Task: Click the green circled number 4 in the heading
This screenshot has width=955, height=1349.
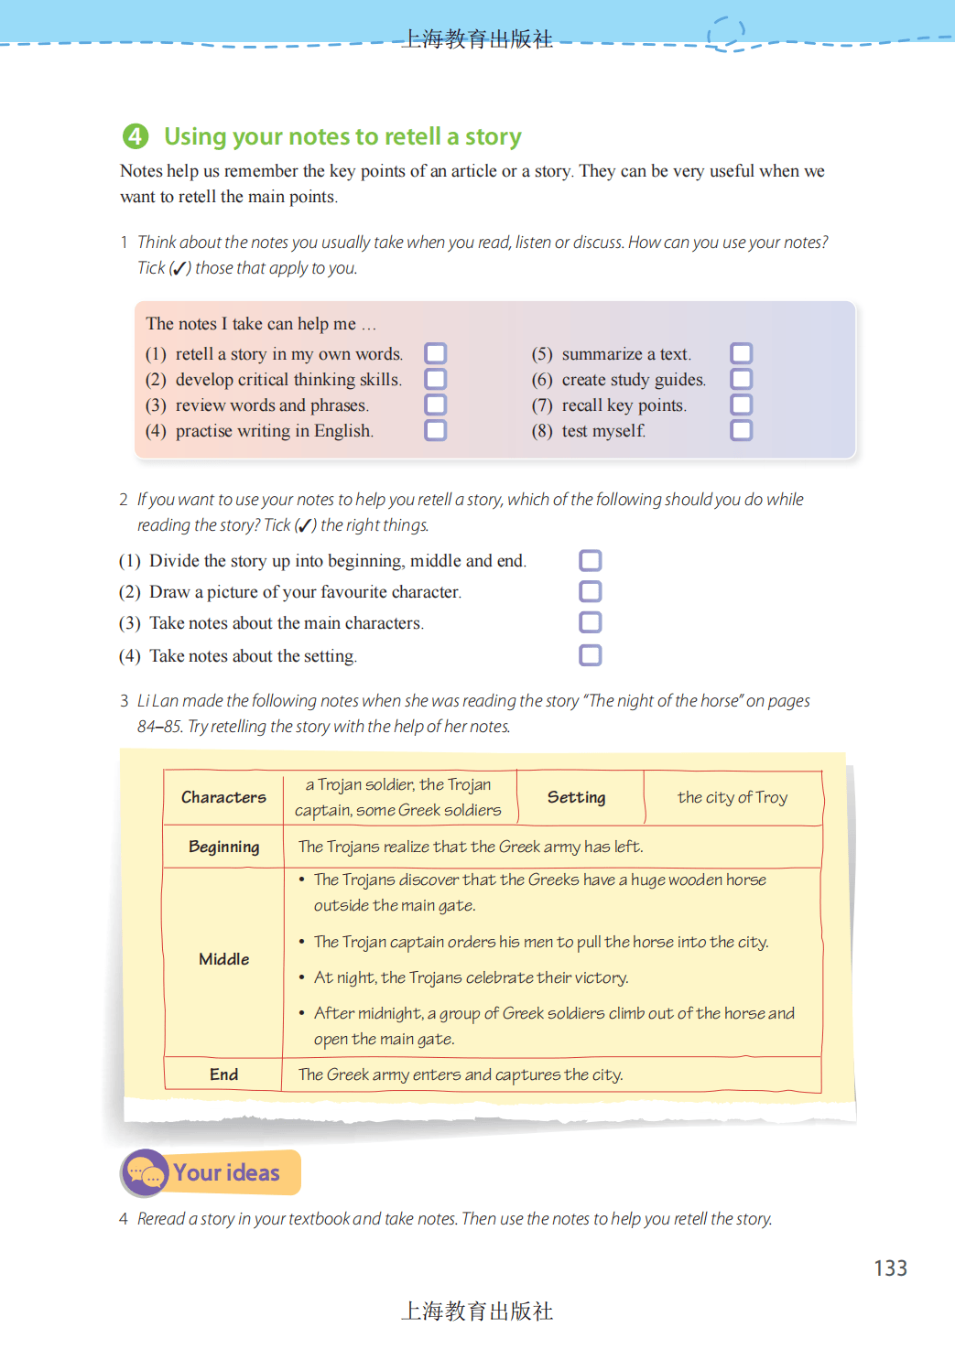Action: pyautogui.click(x=136, y=136)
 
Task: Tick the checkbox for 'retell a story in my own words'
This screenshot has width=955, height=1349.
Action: pyautogui.click(x=436, y=353)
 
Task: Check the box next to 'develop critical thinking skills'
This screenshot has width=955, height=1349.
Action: pyautogui.click(x=436, y=379)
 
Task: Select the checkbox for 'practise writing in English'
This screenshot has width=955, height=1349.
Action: pyautogui.click(x=436, y=430)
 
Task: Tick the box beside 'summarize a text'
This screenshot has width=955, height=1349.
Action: pyautogui.click(x=742, y=353)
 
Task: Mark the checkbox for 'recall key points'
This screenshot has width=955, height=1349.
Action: pyautogui.click(x=742, y=405)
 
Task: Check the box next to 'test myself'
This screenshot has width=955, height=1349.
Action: pyautogui.click(x=742, y=430)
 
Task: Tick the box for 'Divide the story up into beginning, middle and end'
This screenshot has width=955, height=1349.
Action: pyautogui.click(x=591, y=560)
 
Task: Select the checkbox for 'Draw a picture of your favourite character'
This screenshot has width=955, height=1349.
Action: pyautogui.click(x=591, y=591)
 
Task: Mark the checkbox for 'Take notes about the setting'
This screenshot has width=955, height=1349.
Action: pyautogui.click(x=591, y=655)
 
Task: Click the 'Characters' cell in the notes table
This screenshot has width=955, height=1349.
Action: pyautogui.click(x=223, y=797)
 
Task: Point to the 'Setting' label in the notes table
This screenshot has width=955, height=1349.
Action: pyautogui.click(x=576, y=797)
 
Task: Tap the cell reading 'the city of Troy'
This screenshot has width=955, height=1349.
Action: pyautogui.click(x=732, y=797)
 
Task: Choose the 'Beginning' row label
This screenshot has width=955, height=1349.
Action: pyautogui.click(x=223, y=847)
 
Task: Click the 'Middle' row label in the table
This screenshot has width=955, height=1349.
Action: pyautogui.click(x=223, y=959)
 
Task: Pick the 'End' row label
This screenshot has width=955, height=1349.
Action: pyautogui.click(x=223, y=1074)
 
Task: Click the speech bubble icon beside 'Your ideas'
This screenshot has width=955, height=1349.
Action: pyautogui.click(x=146, y=1172)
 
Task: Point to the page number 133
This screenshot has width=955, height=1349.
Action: pyautogui.click(x=890, y=1268)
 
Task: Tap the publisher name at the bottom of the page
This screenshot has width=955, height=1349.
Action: pyautogui.click(x=477, y=1311)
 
